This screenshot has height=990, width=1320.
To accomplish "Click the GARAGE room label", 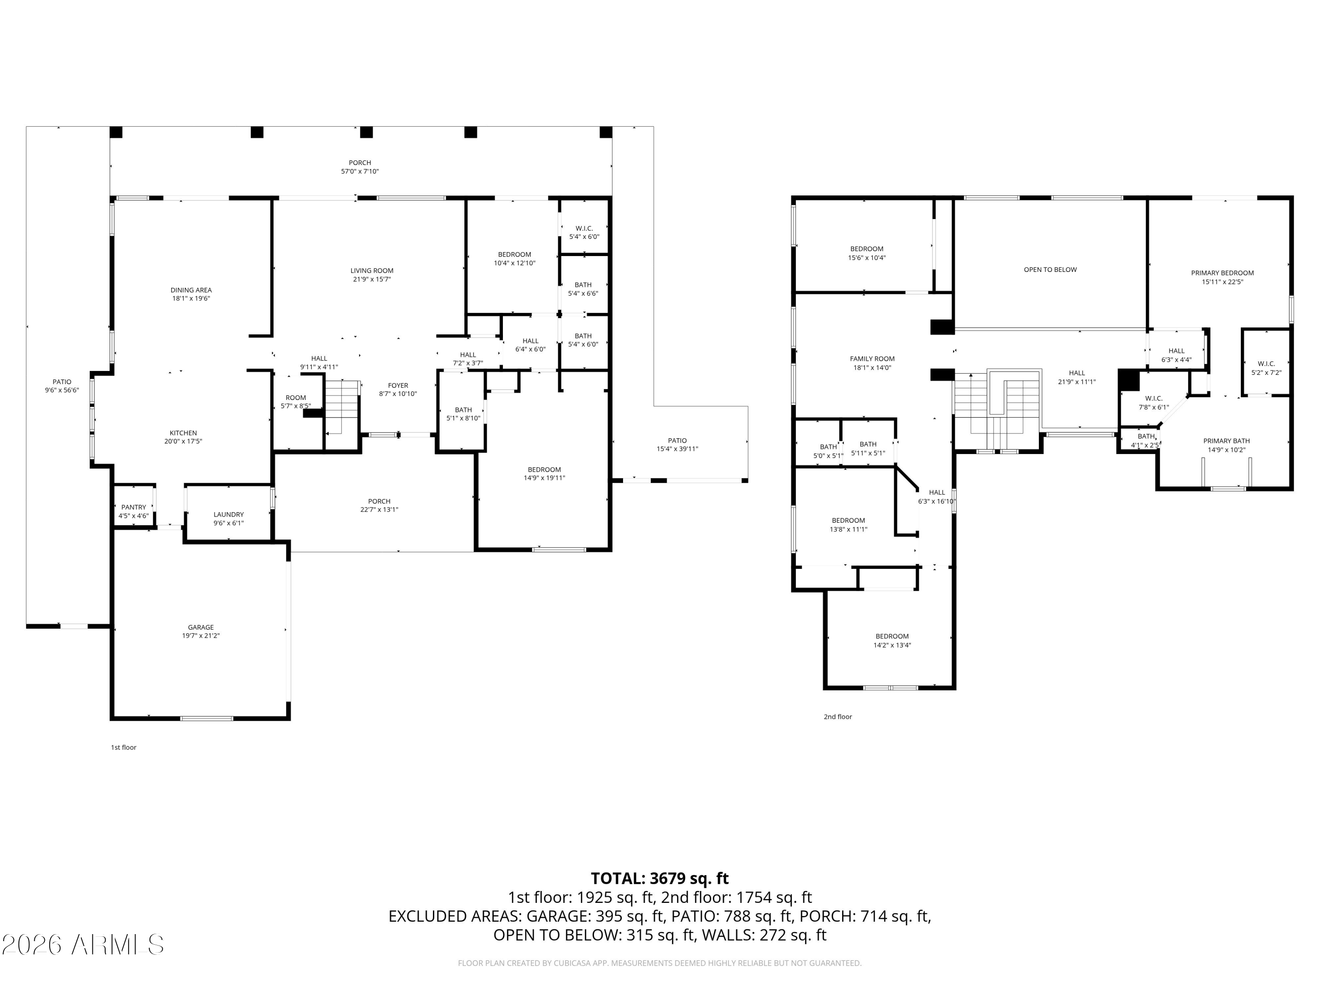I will [201, 627].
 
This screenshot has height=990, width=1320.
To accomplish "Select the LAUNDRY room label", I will [228, 514].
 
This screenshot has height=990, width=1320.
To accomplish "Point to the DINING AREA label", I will [191, 290].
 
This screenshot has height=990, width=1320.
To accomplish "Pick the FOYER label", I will [398, 385].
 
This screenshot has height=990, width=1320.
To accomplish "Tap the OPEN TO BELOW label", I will [1050, 270].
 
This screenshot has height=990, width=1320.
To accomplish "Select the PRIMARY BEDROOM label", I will [1222, 273].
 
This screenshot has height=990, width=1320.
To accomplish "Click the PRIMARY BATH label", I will [1226, 441].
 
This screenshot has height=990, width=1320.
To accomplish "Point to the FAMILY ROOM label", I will [872, 359].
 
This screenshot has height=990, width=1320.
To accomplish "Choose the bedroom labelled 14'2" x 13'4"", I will [892, 640].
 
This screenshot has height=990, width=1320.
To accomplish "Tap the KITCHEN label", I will [183, 433].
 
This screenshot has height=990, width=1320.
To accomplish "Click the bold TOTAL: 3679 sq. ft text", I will [660, 878].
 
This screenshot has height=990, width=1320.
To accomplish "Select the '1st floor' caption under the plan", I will [124, 747].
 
